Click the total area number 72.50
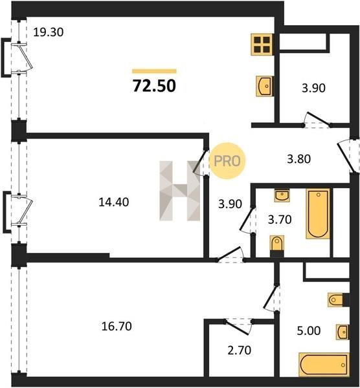click(154, 85)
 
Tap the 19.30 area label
click(49, 32)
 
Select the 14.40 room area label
click(114, 202)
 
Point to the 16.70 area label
click(117, 326)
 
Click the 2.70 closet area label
click(240, 350)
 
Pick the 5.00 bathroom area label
click(309, 330)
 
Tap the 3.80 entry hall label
click(298, 159)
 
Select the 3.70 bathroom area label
click(280, 219)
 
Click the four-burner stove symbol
click(262, 45)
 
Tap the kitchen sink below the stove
click(265, 86)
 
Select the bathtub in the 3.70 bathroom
click(318, 214)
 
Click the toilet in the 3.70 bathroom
click(276, 246)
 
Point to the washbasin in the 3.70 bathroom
click(282, 196)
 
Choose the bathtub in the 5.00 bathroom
click(324, 365)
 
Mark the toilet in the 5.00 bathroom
click(338, 300)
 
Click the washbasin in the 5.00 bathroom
click(343, 332)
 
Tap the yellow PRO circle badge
click(227, 161)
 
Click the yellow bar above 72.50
click(154, 71)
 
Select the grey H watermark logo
click(180, 191)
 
